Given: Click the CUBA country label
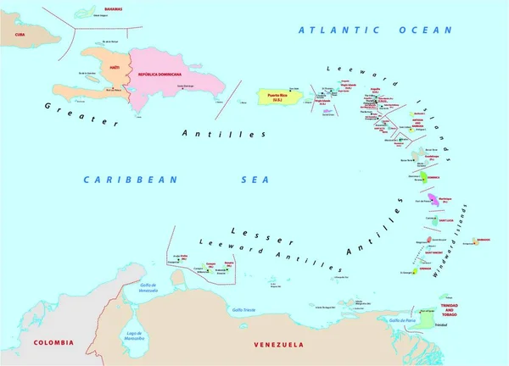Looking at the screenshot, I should coord(14,36).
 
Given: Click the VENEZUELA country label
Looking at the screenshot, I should coord(279,345).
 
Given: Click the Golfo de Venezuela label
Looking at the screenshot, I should coord(135,287).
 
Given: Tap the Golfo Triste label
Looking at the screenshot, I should coord(245,309).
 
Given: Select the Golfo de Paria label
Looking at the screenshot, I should coord(400,321).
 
